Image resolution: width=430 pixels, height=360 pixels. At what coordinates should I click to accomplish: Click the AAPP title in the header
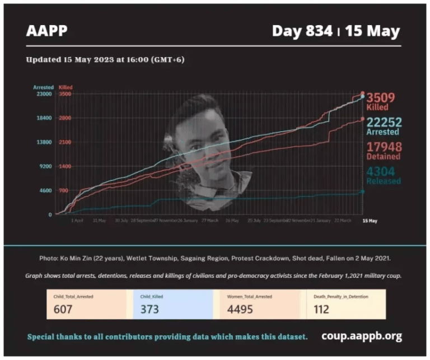(47, 30)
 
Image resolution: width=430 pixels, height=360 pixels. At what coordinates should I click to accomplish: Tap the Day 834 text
(302, 31)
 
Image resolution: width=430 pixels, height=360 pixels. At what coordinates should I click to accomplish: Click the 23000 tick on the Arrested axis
(44, 94)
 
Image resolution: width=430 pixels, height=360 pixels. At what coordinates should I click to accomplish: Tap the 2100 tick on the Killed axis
(65, 142)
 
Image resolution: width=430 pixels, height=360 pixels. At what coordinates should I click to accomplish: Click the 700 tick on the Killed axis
(64, 191)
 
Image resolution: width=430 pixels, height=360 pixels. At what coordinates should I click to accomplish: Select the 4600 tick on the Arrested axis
(45, 191)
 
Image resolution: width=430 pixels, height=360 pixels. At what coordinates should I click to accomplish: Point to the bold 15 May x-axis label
(369, 221)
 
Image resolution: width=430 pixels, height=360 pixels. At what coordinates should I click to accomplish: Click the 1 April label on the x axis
(77, 221)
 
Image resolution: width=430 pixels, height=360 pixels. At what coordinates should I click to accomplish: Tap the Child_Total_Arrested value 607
(64, 309)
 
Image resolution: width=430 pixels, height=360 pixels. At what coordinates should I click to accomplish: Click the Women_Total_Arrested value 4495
(239, 309)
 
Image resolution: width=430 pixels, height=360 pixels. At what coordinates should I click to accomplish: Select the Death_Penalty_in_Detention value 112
(321, 309)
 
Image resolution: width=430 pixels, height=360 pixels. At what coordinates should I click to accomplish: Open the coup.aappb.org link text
(361, 336)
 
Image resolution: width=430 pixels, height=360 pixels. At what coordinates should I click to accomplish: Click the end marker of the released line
(362, 191)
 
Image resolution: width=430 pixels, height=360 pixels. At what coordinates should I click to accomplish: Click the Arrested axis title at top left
(43, 87)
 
